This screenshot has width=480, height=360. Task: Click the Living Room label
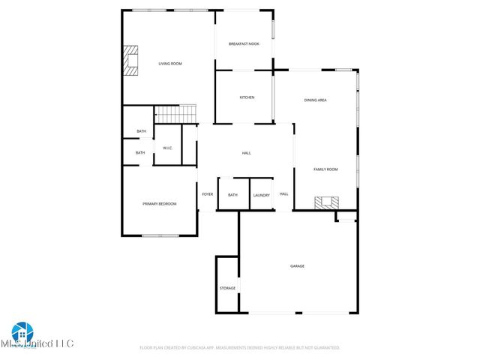coord(170,64)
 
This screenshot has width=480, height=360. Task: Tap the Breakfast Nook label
coord(244,45)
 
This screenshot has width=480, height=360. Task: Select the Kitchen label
coord(247,97)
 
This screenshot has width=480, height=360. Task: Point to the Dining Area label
coord(315,100)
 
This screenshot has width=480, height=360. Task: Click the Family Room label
coord(325,169)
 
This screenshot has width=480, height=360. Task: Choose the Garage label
coord(298,266)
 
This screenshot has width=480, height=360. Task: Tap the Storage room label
coord(227,288)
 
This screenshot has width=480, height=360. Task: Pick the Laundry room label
coord(261,195)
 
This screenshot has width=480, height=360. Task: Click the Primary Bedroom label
coord(160,203)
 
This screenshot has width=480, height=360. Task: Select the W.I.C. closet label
coord(168,148)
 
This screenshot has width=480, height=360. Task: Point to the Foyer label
coord(208,194)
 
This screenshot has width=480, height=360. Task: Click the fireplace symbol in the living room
coord(132,61)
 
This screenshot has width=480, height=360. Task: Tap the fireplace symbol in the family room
coord(326,202)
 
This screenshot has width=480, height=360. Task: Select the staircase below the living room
coord(175,115)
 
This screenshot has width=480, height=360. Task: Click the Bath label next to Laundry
coord(232,195)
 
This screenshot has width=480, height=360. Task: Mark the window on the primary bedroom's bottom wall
coord(160,236)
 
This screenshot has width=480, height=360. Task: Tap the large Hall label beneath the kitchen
coord(246,153)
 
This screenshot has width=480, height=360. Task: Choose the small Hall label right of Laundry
coord(283,194)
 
